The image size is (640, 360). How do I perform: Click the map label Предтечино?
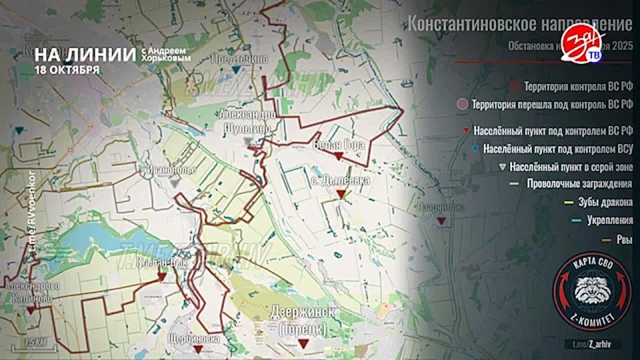(x=239, y=59)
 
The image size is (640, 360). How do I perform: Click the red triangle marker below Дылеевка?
(x=341, y=193)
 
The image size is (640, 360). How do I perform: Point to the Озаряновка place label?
(x=441, y=207)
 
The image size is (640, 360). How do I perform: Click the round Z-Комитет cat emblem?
(x=591, y=289)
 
